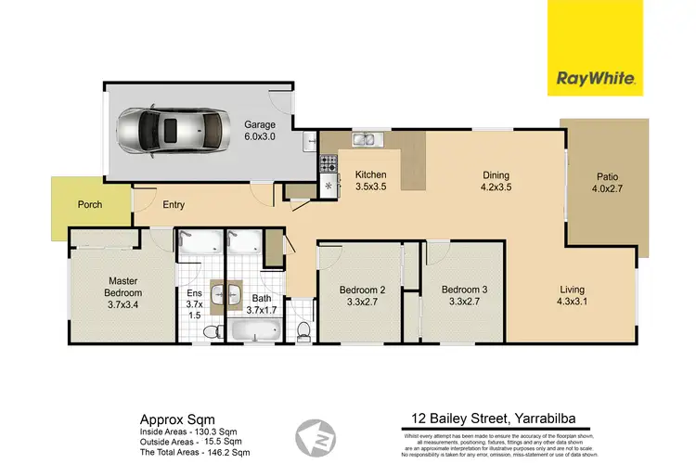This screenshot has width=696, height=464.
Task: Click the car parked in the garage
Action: click(x=168, y=132)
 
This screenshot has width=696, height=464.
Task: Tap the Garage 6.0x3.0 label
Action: click(x=260, y=130)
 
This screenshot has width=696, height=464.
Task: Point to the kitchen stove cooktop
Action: click(x=329, y=163)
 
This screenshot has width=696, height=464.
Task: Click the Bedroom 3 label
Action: click(x=460, y=294)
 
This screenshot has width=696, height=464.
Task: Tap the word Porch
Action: click(x=89, y=205)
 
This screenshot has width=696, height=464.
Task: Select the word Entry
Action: click(x=174, y=205)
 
